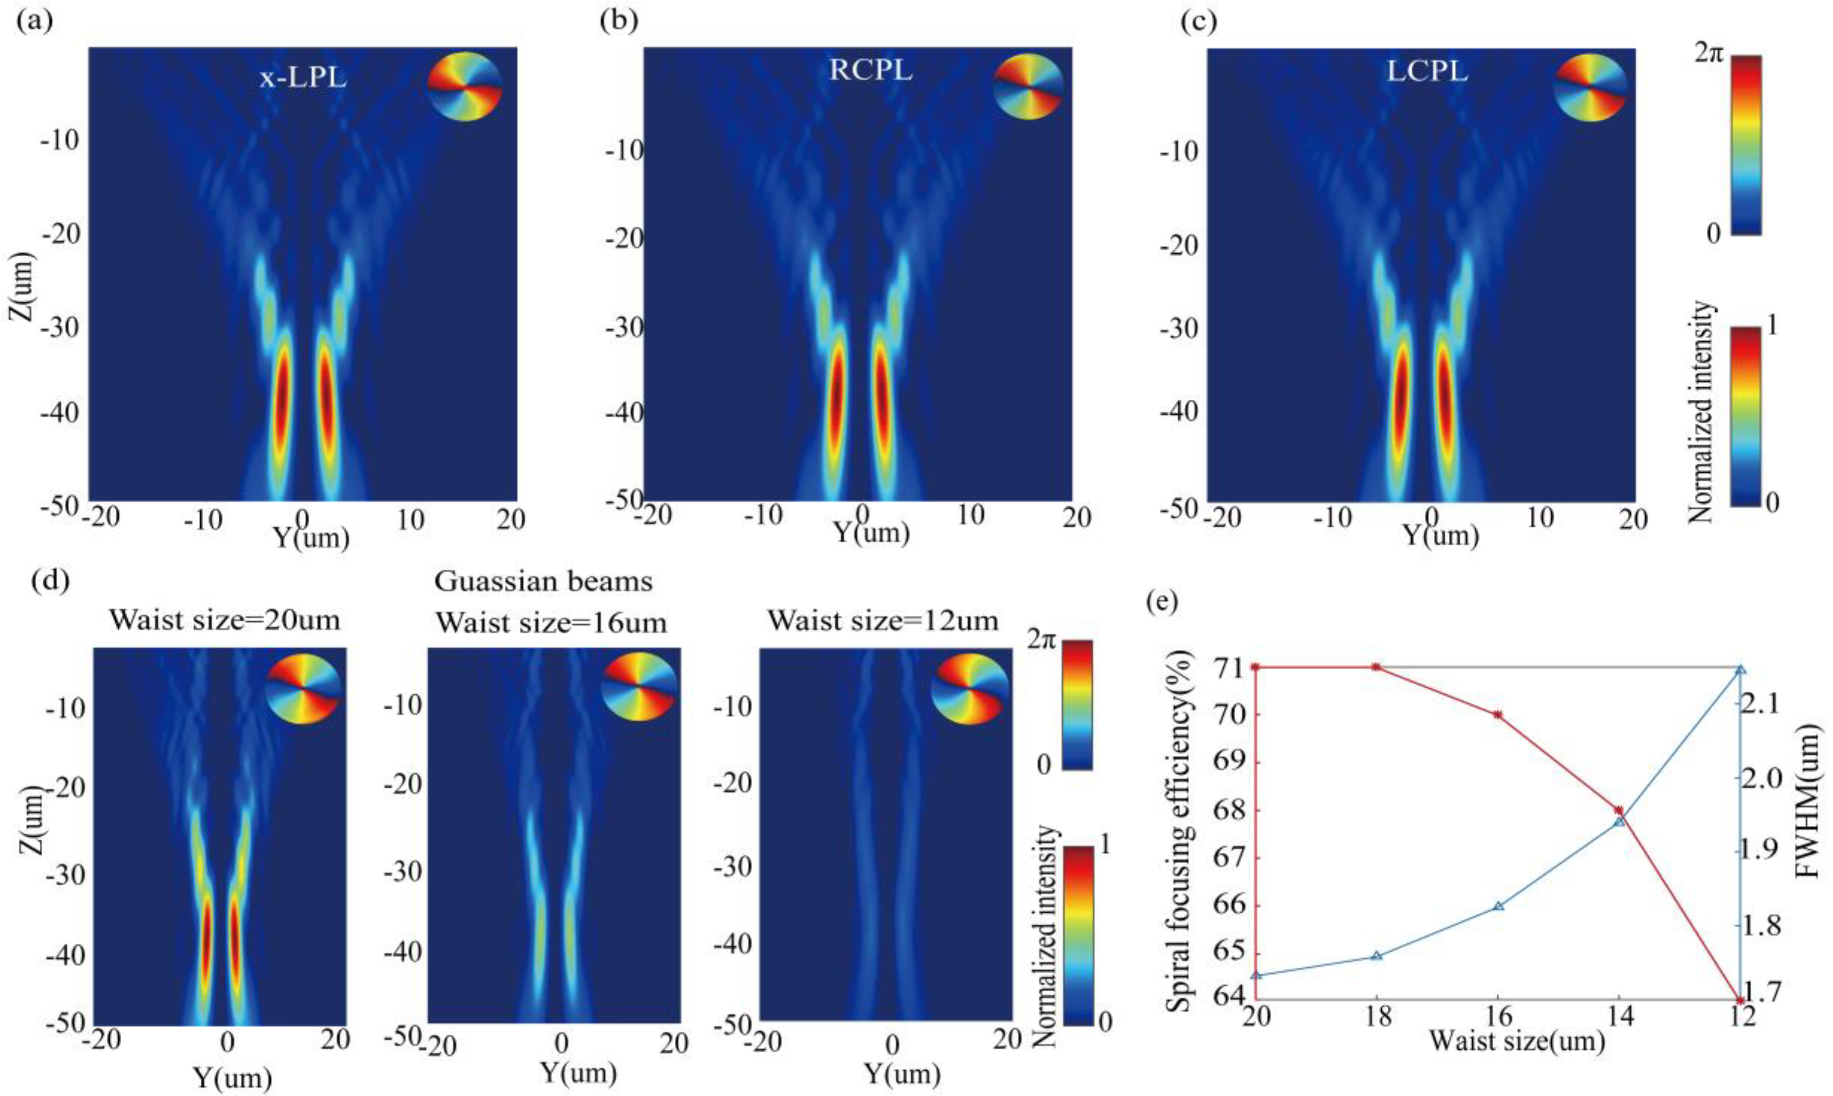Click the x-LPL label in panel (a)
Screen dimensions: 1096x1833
[x=303, y=77]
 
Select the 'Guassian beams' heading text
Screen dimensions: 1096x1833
[x=543, y=582]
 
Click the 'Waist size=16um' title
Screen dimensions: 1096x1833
[x=551, y=623]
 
